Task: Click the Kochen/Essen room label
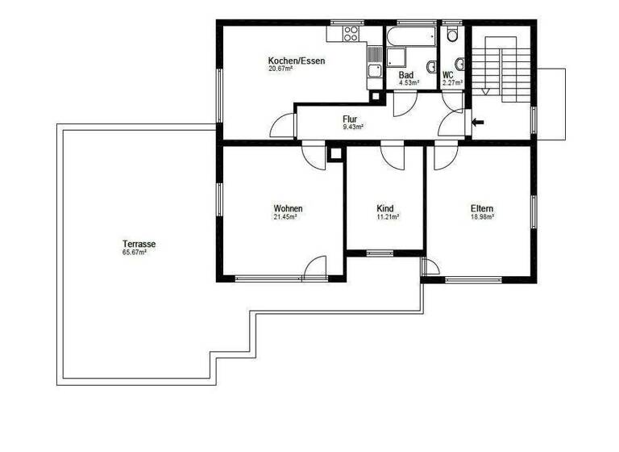(x=297, y=61)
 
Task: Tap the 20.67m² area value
(x=280, y=69)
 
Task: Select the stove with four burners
(x=351, y=35)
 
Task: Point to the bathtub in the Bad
(x=411, y=36)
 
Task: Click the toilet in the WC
(x=453, y=34)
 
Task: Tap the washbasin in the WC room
(x=459, y=64)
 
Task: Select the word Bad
(x=406, y=74)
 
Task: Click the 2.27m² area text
(x=452, y=82)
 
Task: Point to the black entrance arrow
(x=478, y=123)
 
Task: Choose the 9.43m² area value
(x=353, y=127)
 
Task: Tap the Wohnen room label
(x=288, y=208)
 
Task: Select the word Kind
(x=385, y=208)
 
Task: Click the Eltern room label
(x=482, y=208)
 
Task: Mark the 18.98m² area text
(x=482, y=217)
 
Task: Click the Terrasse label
(x=139, y=244)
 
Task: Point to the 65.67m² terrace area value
(x=134, y=253)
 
